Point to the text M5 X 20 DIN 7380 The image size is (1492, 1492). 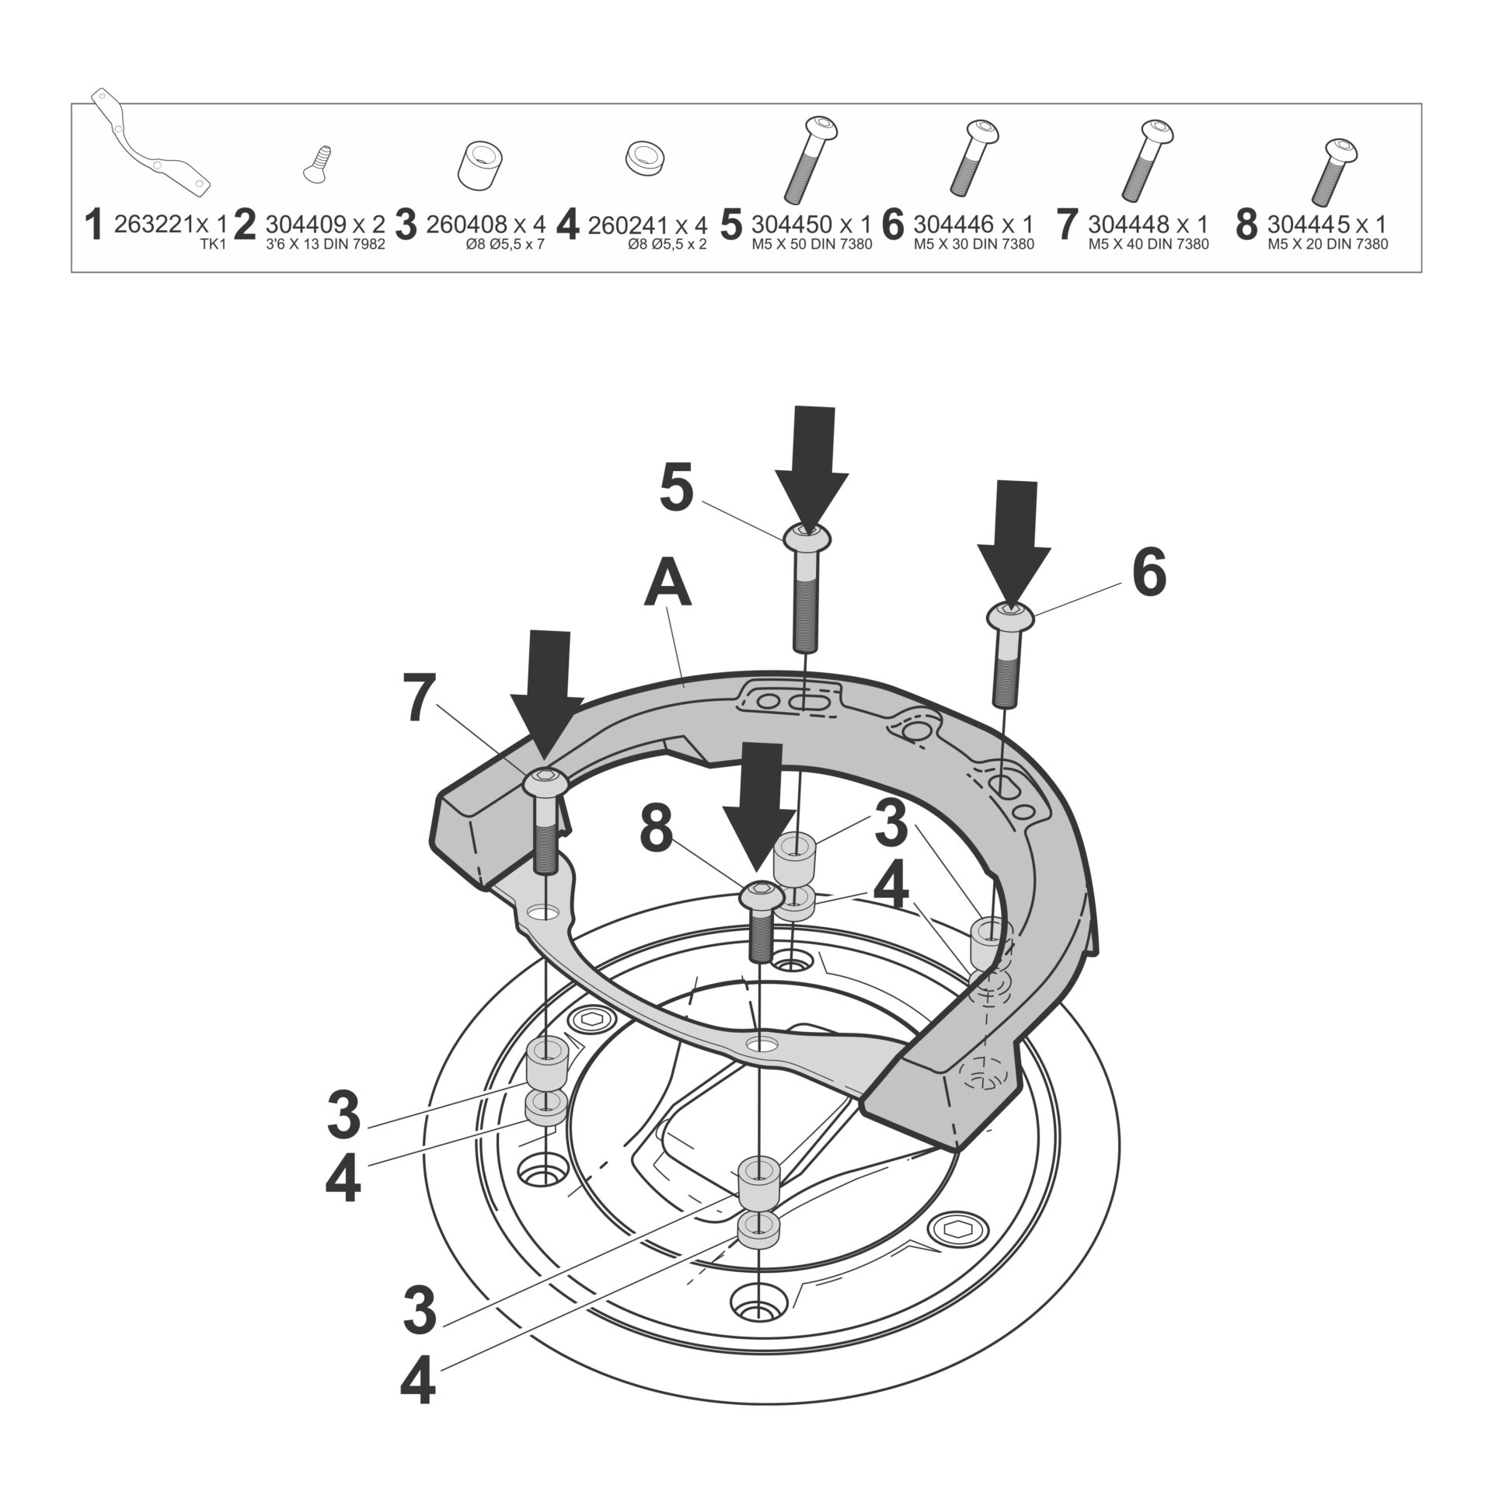tap(1327, 244)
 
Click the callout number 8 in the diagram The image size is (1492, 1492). tap(656, 831)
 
